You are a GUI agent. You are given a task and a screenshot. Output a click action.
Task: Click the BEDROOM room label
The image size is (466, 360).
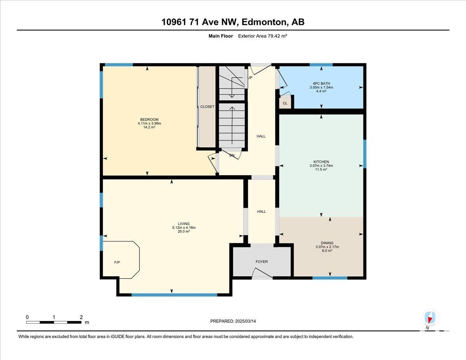(x=149, y=120)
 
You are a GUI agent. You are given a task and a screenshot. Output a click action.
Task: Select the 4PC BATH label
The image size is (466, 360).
(x=321, y=83)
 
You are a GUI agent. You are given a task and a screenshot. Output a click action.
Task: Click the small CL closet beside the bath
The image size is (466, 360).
(x=285, y=103)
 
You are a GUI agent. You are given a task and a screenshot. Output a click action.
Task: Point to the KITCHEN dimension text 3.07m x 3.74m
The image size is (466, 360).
(x=321, y=165)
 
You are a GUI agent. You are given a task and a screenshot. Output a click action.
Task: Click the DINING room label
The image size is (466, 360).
(x=327, y=243)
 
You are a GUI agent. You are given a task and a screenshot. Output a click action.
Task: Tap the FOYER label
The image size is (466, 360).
(x=262, y=262)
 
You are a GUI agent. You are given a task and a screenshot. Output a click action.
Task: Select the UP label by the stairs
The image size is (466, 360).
(x=250, y=77)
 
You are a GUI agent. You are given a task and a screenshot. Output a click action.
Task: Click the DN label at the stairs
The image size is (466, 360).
(x=232, y=155)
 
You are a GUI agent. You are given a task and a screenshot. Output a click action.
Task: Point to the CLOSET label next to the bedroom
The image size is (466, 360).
(x=207, y=106)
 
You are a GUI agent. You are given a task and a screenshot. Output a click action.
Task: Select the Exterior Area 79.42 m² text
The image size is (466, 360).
(x=263, y=36)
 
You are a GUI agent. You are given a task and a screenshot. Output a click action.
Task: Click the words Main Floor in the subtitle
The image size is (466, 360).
(x=221, y=36)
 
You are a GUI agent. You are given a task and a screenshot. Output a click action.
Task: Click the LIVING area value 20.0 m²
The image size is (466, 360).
(x=184, y=231)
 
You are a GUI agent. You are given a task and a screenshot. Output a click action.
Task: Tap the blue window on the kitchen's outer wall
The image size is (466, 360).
(x=365, y=154)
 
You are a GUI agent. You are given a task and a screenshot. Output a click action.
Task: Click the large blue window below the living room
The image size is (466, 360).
(x=174, y=295)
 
